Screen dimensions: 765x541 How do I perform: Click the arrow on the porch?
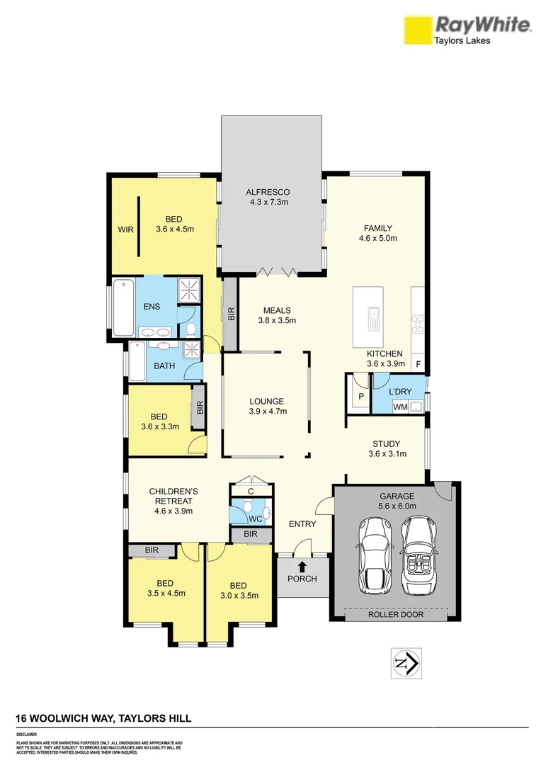point(302,566)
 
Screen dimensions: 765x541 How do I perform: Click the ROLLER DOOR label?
point(396,614)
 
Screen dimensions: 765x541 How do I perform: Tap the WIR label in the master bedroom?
point(125,229)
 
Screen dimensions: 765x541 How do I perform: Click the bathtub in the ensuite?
point(123,309)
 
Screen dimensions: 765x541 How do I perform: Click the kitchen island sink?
point(373,319)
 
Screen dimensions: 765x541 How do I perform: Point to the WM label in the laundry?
point(399,407)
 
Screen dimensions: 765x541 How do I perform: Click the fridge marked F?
point(418,365)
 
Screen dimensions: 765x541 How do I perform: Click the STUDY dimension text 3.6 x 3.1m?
point(387,454)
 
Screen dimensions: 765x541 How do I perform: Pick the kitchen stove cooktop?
point(418,324)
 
